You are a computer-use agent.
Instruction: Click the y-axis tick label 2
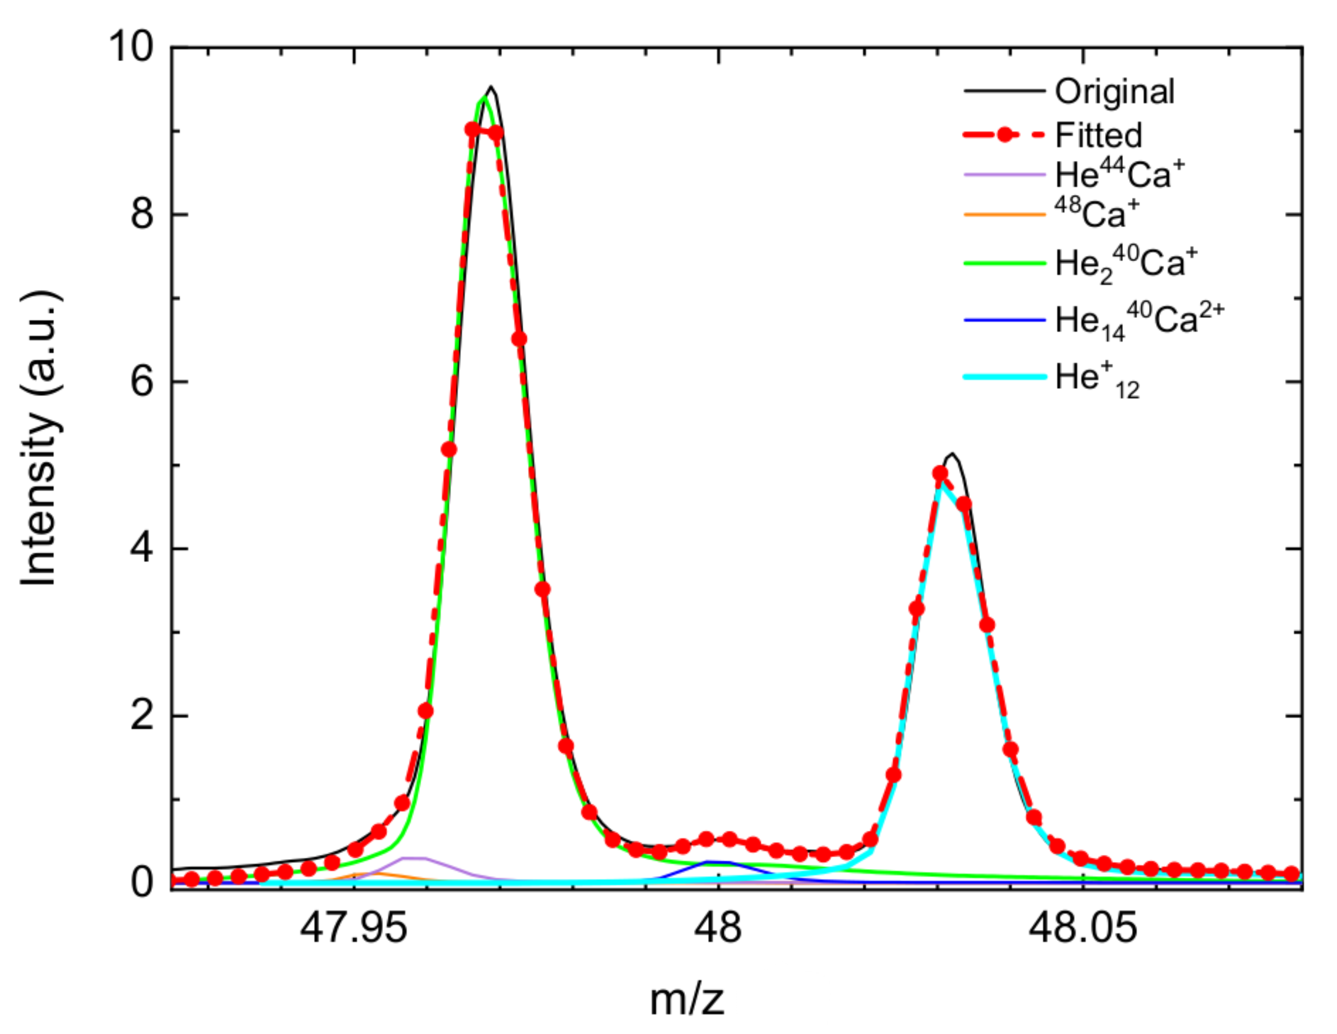coord(142,715)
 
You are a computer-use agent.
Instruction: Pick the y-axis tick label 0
coord(142,883)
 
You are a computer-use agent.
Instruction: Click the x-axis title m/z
coord(687,1001)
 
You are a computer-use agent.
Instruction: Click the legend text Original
coord(1114,92)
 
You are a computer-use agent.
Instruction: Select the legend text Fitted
coord(1098,135)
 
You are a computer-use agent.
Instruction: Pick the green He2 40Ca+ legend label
coord(1125,264)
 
